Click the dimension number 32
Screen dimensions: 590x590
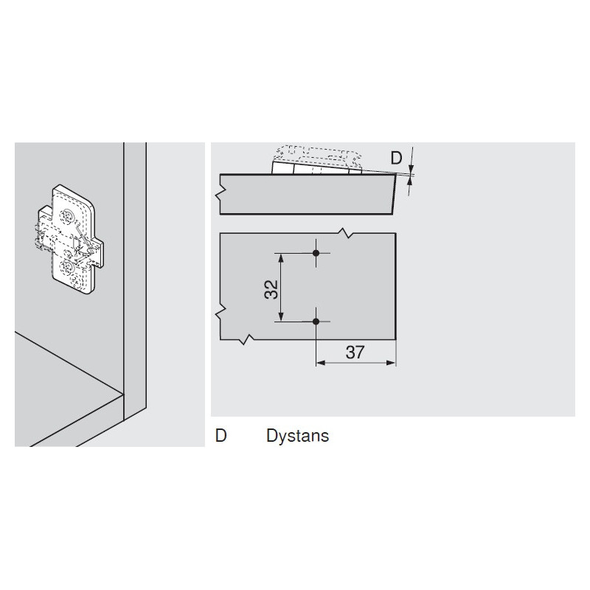coord(271,289)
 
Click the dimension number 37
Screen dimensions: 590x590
coord(355,353)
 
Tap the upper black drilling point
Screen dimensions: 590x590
coord(316,253)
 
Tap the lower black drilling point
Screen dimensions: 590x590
coord(316,322)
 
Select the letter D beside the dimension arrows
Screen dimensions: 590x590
coord(396,158)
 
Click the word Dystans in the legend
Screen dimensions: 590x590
coord(297,436)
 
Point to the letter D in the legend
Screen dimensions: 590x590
coord(221,435)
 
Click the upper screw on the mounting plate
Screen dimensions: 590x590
coord(68,215)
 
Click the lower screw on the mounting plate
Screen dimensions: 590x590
coord(68,268)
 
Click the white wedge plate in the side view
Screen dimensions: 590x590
coord(316,168)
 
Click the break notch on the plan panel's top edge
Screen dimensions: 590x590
coord(345,233)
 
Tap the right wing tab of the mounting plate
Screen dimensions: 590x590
coord(98,254)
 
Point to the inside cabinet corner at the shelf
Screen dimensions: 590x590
coord(123,394)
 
